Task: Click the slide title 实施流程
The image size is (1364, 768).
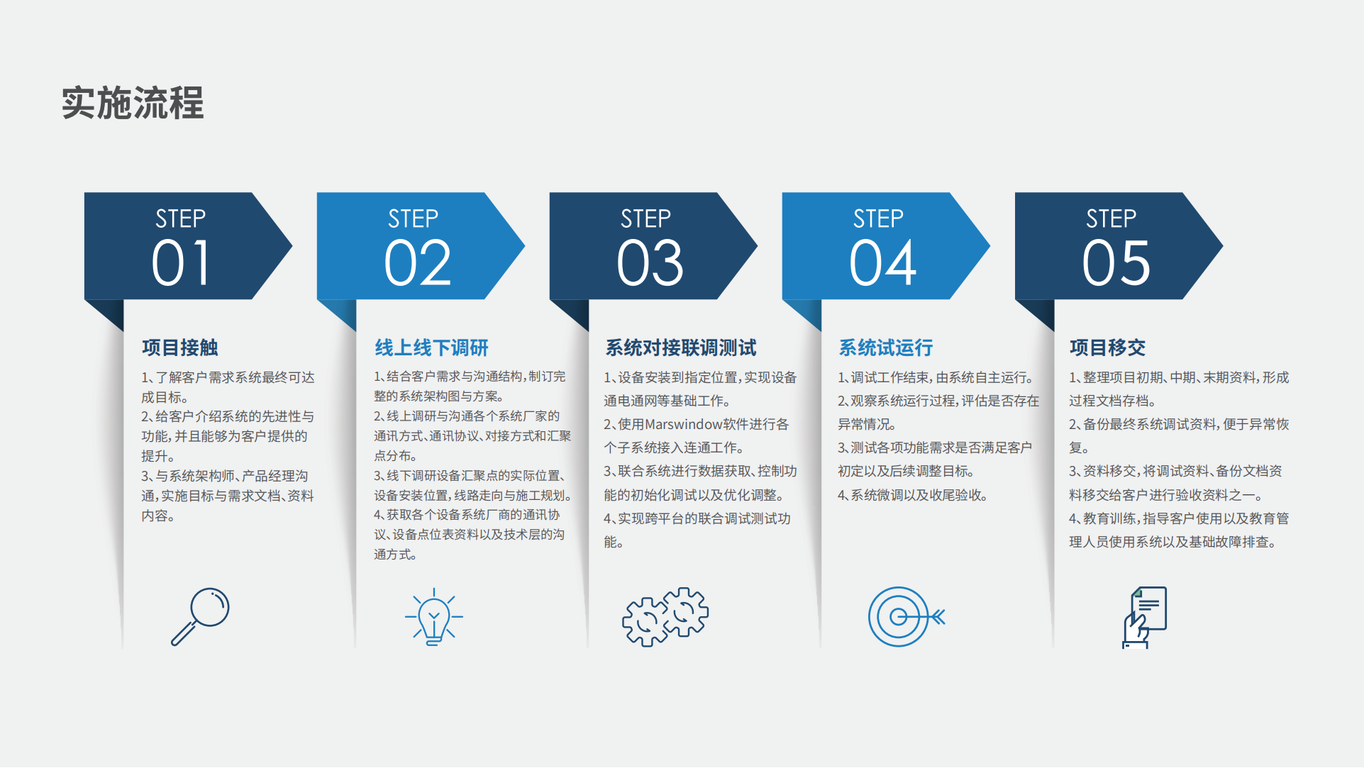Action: [x=133, y=103]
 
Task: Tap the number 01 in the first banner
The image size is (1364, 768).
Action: [x=181, y=263]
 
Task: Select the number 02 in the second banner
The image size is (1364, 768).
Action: [x=417, y=263]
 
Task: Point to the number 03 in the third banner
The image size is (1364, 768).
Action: [x=650, y=263]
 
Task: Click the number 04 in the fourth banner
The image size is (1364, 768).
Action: [x=882, y=263]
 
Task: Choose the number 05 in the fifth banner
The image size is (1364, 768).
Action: [x=1116, y=263]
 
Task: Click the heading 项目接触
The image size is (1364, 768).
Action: [x=180, y=347]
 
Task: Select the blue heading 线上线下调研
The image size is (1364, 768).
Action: [x=432, y=347]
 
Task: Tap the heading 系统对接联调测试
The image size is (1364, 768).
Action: [x=681, y=347]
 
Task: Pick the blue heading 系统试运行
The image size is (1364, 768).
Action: [x=886, y=347]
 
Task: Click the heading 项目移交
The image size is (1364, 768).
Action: [x=1108, y=347]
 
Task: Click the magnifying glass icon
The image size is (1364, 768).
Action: [x=200, y=616]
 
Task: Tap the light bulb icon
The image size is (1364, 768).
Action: [x=433, y=616]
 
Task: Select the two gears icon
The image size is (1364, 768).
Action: [x=665, y=616]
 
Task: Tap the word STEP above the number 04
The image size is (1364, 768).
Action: [x=878, y=218]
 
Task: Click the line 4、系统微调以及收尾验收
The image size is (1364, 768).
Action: [x=912, y=495]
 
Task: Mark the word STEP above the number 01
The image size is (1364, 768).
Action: [x=180, y=218]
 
